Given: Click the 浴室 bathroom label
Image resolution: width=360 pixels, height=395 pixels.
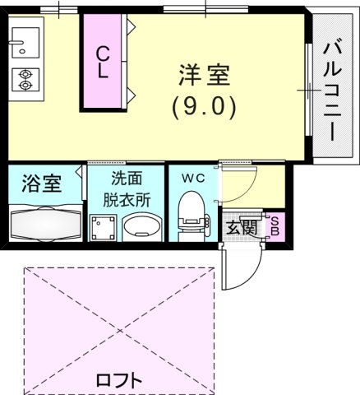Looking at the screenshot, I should [41, 184].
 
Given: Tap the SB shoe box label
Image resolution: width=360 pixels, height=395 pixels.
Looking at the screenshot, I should [275, 227].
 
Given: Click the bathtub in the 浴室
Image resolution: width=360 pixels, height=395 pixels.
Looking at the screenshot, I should [42, 222].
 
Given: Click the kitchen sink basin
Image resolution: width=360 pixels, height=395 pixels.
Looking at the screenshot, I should [22, 40].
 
